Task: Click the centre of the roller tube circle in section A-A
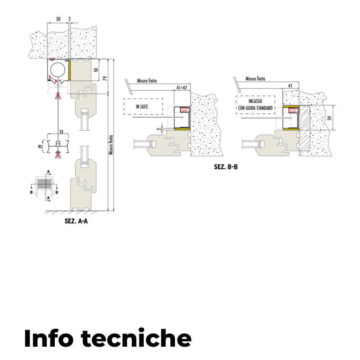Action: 57,70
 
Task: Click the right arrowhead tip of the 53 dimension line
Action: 69,134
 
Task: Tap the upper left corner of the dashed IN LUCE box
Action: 124,99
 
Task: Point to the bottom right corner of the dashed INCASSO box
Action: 275,114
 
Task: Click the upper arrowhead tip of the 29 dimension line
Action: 44,140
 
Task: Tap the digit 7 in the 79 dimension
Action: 105,80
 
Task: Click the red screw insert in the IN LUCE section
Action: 185,109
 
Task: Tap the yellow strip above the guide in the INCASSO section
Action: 291,106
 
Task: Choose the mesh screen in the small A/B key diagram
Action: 45,183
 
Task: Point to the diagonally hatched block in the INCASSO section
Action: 305,128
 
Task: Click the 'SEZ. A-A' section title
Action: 76,221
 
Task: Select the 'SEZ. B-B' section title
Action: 226,167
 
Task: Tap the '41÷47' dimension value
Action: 182,87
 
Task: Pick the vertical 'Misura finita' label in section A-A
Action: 111,145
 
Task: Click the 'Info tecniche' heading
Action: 108,338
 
